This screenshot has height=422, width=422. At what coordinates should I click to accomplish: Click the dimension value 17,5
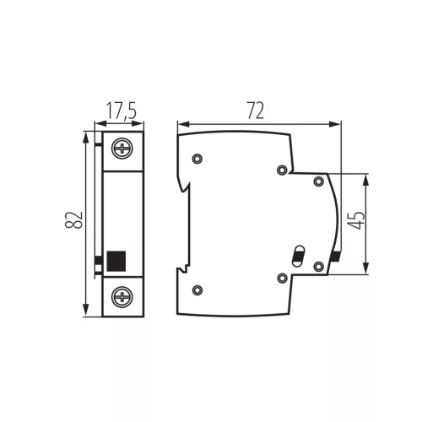122,111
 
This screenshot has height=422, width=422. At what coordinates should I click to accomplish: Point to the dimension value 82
73,219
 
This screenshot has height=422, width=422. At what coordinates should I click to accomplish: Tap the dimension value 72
256,111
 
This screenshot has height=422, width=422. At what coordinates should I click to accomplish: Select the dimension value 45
356,220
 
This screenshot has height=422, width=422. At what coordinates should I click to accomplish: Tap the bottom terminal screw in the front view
122,297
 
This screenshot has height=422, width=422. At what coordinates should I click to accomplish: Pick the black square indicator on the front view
116,261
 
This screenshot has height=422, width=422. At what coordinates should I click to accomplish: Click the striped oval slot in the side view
298,256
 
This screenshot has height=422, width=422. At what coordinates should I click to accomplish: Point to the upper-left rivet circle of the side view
197,159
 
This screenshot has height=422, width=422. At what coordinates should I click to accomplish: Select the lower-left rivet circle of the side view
197,289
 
